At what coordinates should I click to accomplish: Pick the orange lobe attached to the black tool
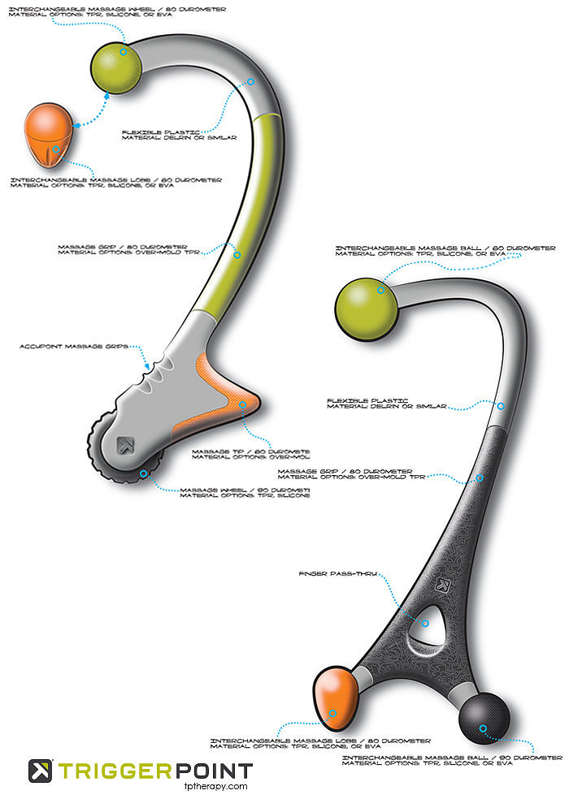334,699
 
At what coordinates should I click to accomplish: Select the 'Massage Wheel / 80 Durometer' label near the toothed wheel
244,492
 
